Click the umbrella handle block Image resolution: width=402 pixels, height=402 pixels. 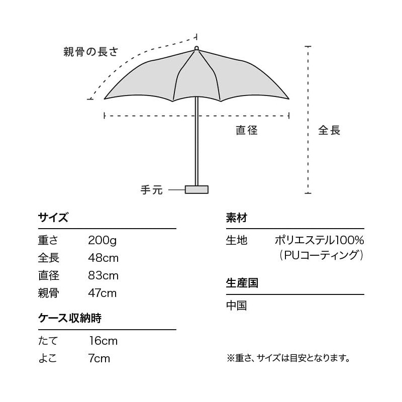point(196,189)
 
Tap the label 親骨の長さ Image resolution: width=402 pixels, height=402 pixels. point(90,51)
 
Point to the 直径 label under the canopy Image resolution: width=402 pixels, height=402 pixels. point(247,131)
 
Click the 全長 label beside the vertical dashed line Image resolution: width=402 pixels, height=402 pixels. point(329,131)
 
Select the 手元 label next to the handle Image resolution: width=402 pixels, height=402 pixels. point(151,190)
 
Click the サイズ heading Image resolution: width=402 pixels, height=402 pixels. point(53,218)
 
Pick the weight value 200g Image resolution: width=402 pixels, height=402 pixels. point(102,241)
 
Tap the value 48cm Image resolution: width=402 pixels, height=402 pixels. point(104,258)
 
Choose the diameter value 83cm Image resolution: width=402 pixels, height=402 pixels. point(104,276)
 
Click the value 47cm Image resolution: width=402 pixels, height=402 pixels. point(103,293)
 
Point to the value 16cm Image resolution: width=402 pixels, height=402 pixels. point(103,341)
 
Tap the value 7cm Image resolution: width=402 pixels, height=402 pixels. point(99,359)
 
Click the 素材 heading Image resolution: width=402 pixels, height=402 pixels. point(236,218)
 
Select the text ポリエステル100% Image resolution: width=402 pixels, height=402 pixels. point(319,241)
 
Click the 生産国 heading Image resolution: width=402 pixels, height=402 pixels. point(242,283)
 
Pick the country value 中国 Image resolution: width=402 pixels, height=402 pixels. point(236,306)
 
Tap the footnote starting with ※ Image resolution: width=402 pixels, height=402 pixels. point(288,358)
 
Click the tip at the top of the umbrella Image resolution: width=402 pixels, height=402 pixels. point(196,48)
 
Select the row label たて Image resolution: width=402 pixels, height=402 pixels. point(48,341)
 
